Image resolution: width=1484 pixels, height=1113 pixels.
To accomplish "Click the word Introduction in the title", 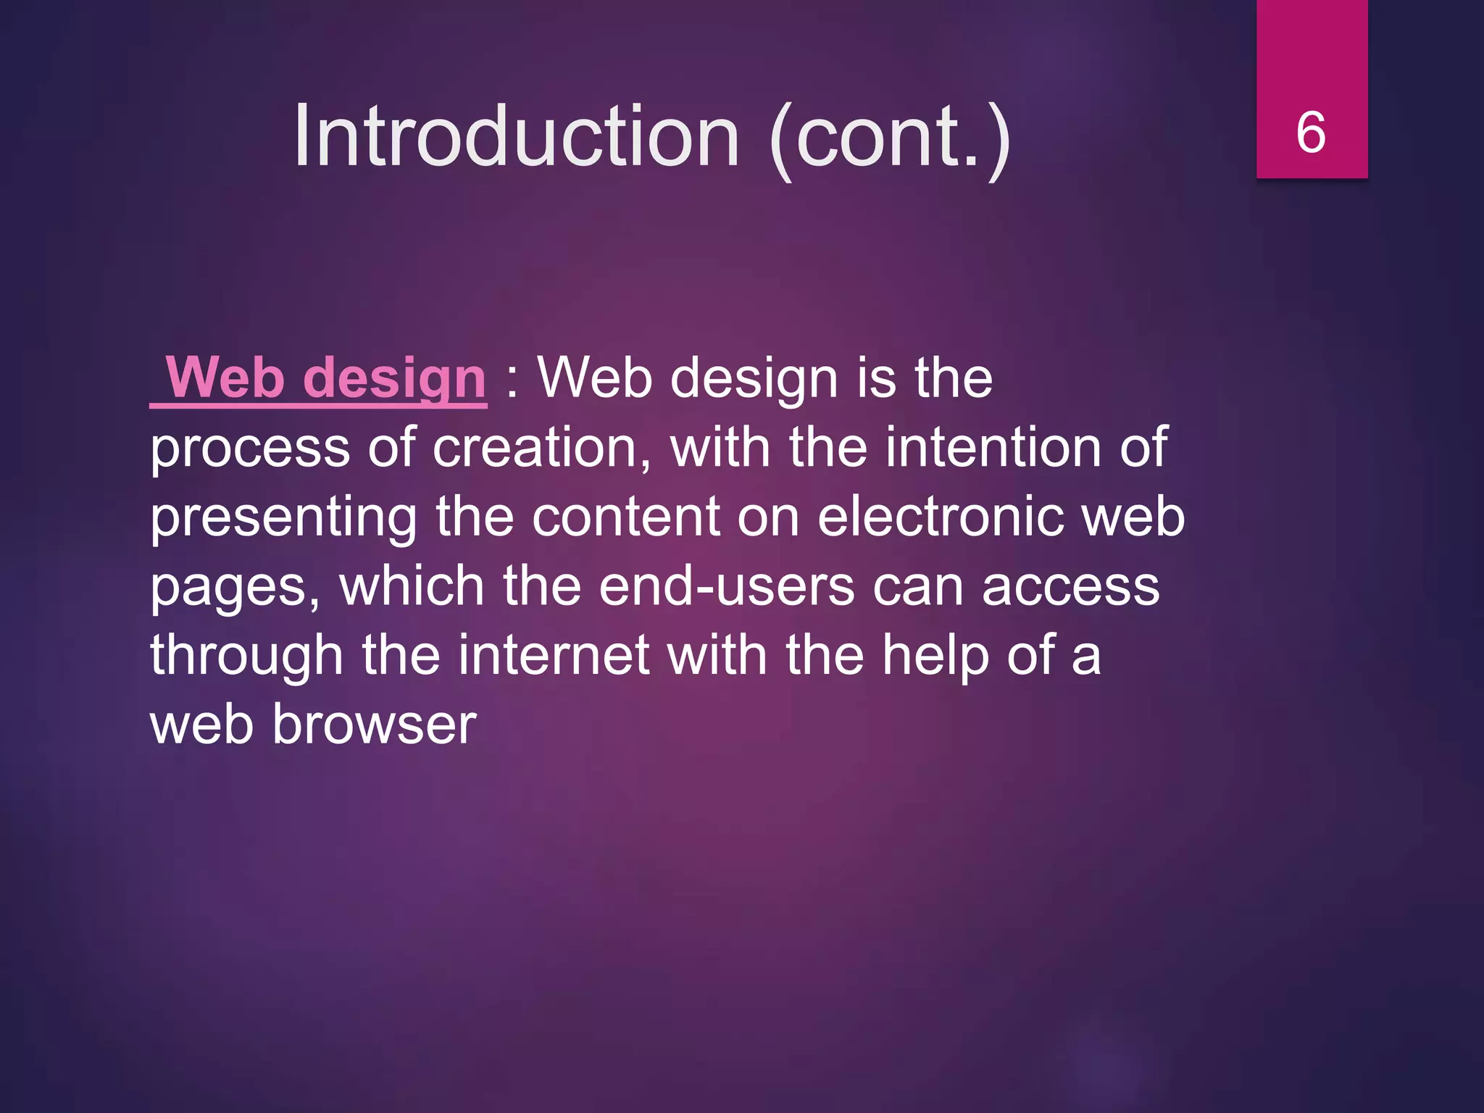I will pos(516,136).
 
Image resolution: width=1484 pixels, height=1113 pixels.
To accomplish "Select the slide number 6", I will pos(1311,133).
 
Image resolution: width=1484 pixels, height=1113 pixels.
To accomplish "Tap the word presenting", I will pos(283,517).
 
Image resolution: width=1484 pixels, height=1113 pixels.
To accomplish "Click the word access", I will pos(1070,587).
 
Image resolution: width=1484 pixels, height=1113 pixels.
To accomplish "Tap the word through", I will pos(246,656).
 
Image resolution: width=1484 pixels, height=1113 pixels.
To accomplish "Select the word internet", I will pos(554,655).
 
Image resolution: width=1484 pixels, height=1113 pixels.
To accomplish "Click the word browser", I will pos(374,724).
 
